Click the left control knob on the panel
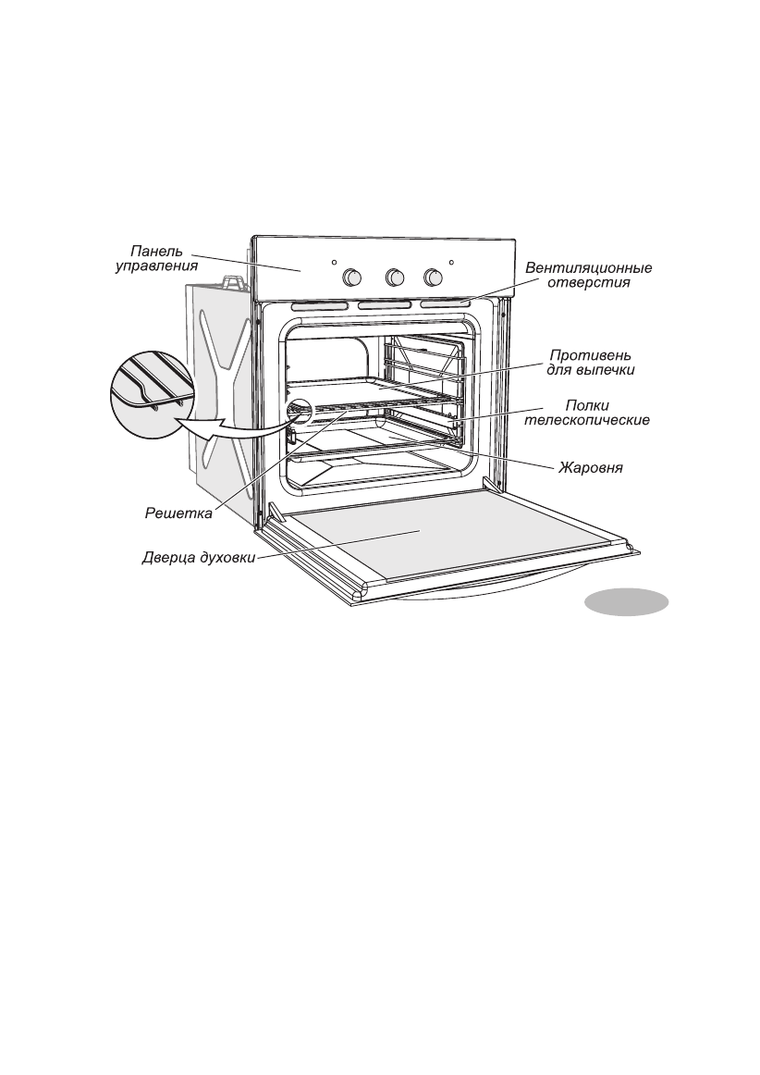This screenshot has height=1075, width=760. (352, 277)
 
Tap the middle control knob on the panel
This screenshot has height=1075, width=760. (395, 277)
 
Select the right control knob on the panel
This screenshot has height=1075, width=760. (432, 277)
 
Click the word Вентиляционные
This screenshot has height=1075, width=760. (589, 268)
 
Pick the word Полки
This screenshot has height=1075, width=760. (588, 405)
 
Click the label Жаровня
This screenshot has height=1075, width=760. (590, 468)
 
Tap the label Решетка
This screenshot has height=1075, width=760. (178, 513)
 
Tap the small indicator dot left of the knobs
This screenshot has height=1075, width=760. (334, 263)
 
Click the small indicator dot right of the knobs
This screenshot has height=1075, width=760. (451, 263)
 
